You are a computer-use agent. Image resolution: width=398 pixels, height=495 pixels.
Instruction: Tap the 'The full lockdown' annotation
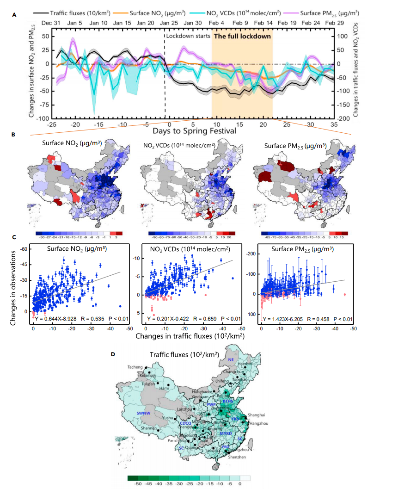pyautogui.click(x=242, y=36)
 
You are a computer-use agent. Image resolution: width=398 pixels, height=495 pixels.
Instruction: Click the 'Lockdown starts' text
pyautogui.click(x=188, y=36)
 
